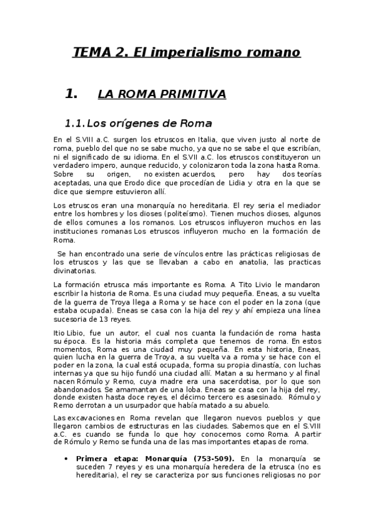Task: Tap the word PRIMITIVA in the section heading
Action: pos(194,94)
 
